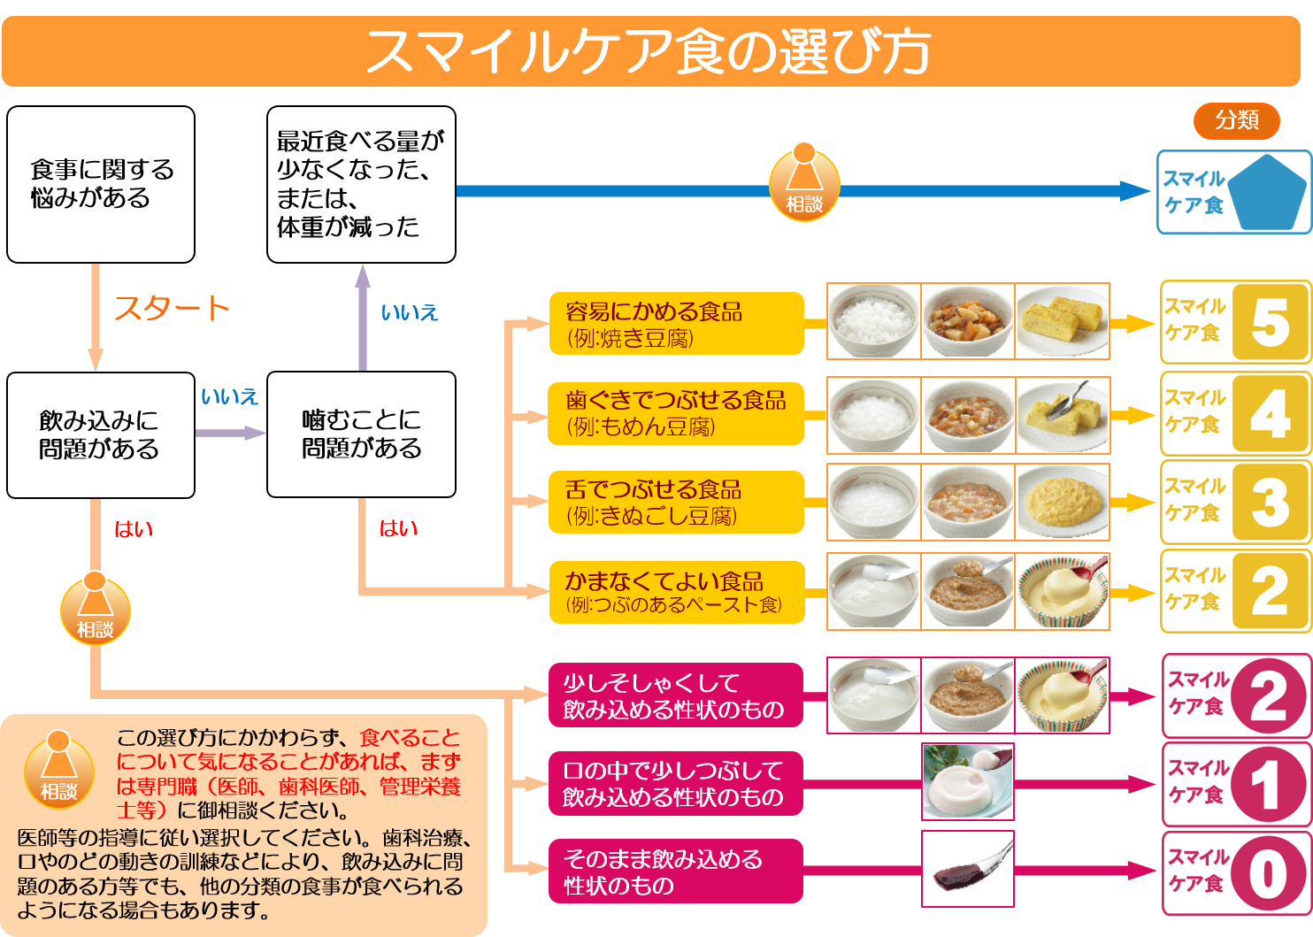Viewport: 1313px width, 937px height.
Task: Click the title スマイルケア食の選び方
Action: pyautogui.click(x=649, y=51)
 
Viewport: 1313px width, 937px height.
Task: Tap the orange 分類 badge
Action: pyautogui.click(x=1236, y=120)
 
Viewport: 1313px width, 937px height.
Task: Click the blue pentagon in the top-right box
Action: pyautogui.click(x=1266, y=192)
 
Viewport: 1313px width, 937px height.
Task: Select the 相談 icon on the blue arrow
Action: pyautogui.click(x=803, y=182)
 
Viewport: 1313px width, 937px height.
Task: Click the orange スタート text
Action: pyautogui.click(x=172, y=308)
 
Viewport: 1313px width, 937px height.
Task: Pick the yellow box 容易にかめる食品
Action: pyautogui.click(x=676, y=324)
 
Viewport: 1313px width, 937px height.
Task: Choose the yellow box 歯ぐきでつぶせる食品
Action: pyautogui.click(x=676, y=413)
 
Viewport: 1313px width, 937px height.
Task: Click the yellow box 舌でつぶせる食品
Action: pyautogui.click(x=676, y=502)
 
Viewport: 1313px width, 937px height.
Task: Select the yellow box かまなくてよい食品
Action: pyautogui.click(x=676, y=592)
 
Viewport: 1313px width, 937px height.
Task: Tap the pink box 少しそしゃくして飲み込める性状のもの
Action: pyautogui.click(x=676, y=695)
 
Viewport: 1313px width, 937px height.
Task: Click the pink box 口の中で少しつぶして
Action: pyautogui.click(x=676, y=784)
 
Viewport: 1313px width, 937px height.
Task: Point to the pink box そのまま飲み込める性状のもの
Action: pyautogui.click(x=676, y=872)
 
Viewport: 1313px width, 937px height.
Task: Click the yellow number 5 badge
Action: pyautogui.click(x=1270, y=322)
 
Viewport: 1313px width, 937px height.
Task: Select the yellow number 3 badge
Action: pyautogui.click(x=1270, y=502)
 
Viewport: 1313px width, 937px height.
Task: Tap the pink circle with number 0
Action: pyautogui.click(x=1268, y=873)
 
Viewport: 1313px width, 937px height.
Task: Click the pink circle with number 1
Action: pyautogui.click(x=1268, y=784)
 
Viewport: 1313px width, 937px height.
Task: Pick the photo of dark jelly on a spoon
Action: pyautogui.click(x=968, y=869)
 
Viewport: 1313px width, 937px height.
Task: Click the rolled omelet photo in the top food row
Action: pyautogui.click(x=1063, y=321)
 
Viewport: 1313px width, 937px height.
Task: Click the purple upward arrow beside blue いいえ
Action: pyautogui.click(x=362, y=317)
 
